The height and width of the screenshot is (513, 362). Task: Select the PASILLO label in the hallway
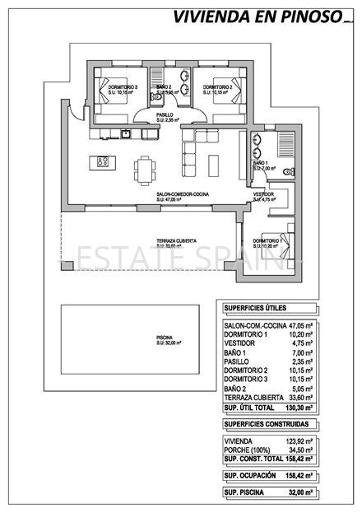pos(166,115)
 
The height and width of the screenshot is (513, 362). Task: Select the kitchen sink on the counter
pos(126,133)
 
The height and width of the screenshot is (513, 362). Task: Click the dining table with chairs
pos(145,169)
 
